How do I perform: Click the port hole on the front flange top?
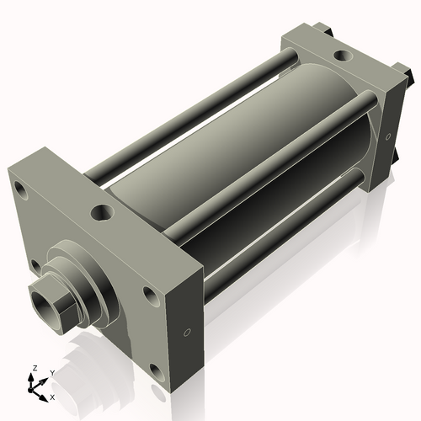click(102, 211)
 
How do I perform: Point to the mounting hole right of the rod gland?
click(150, 295)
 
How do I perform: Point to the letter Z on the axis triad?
click(34, 368)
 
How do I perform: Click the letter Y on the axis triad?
click(51, 371)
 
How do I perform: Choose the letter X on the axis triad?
click(52, 396)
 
